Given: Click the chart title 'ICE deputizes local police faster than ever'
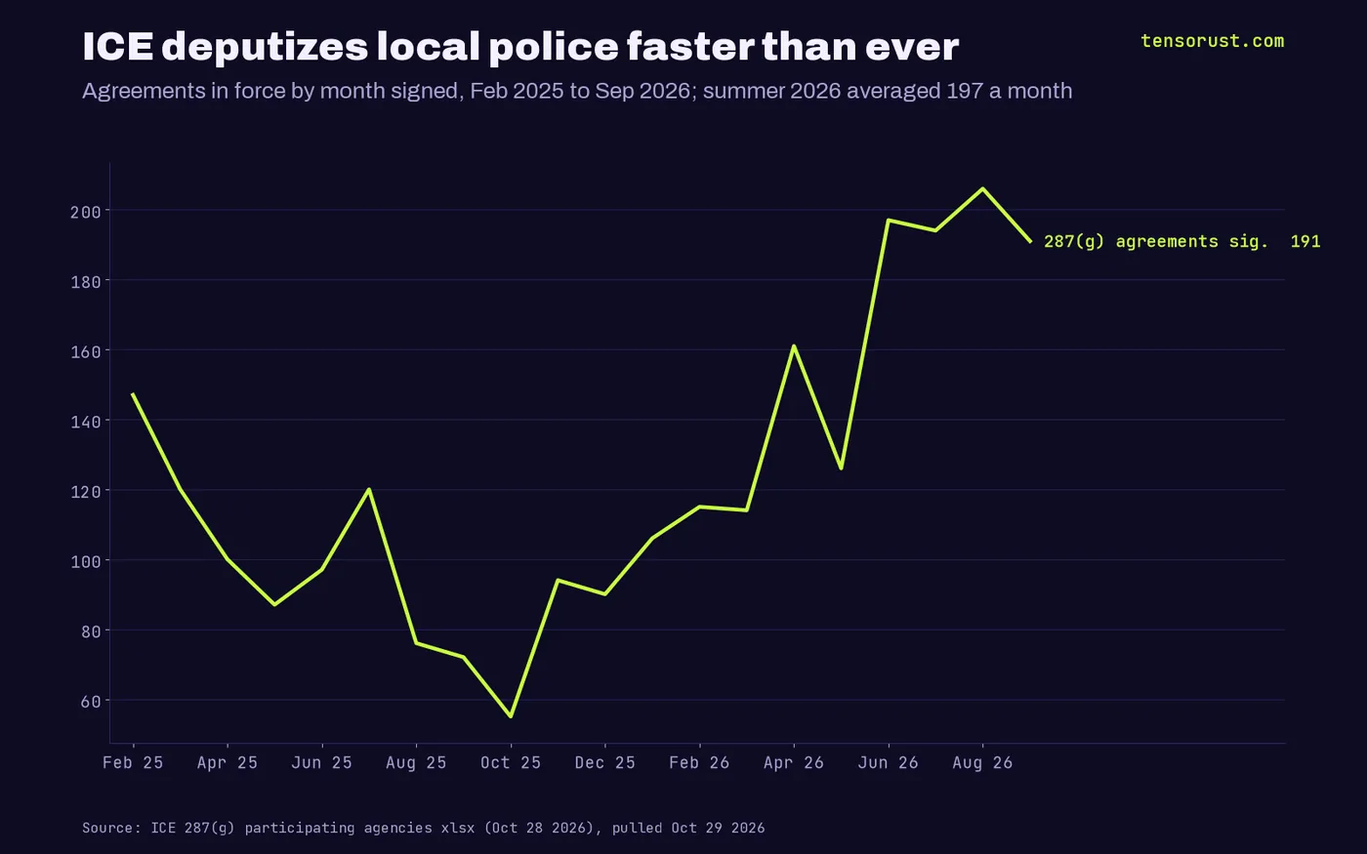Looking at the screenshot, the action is tap(520, 47).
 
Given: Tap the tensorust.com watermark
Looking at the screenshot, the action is tap(1212, 41).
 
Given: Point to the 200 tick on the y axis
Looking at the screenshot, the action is tap(86, 212).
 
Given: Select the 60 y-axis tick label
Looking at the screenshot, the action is tap(90, 702).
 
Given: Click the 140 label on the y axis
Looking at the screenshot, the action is tap(86, 422).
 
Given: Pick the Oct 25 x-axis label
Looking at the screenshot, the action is tap(510, 762).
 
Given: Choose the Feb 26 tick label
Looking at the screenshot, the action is tap(699, 762).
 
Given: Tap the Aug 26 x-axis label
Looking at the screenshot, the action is tap(982, 762).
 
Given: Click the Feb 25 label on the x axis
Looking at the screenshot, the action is tap(133, 762).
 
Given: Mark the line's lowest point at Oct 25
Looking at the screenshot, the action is tap(511, 716).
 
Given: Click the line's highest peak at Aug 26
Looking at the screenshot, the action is tap(982, 188).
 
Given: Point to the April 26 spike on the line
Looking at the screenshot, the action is tap(794, 346).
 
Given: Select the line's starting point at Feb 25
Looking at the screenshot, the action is tap(133, 394).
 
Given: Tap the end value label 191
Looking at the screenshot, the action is tap(1305, 242).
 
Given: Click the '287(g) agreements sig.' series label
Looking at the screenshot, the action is tap(1156, 242).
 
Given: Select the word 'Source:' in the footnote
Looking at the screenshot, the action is tap(111, 828).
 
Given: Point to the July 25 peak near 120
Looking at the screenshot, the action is tap(369, 489).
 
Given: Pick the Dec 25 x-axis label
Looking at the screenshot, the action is tap(604, 762).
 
